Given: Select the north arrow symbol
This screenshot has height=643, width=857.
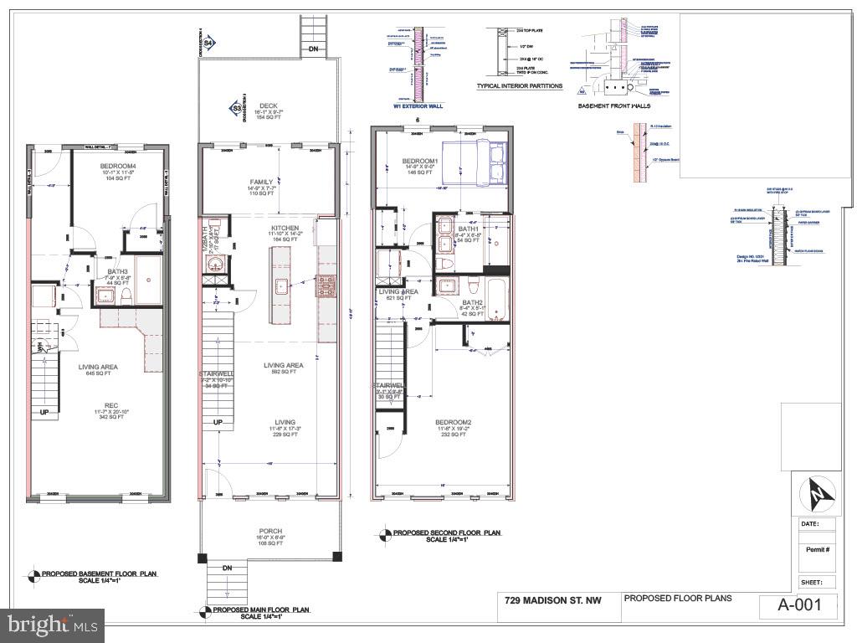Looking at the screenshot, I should click(816, 495).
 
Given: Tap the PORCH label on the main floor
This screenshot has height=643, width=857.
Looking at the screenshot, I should click(269, 531).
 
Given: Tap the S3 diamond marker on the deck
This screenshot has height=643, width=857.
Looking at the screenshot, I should click(237, 107).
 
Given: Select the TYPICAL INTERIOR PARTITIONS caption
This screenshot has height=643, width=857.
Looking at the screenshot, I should click(519, 86).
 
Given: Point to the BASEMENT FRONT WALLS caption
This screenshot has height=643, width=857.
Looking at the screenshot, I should click(614, 106).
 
